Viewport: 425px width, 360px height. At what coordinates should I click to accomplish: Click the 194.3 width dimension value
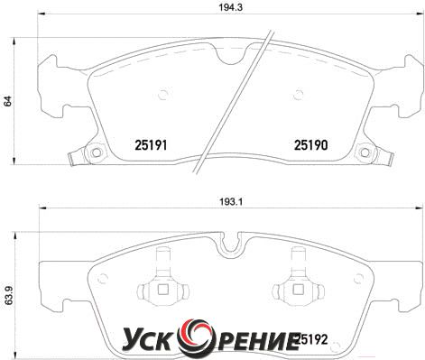pyautogui.click(x=230, y=7)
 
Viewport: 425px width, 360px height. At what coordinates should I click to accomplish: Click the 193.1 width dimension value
pyautogui.click(x=230, y=202)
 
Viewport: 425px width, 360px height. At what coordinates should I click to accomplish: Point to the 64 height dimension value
pyautogui.click(x=7, y=101)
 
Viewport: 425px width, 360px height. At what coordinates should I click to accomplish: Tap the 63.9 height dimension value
pyautogui.click(x=8, y=296)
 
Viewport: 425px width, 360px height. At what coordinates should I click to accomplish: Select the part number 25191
pyautogui.click(x=151, y=145)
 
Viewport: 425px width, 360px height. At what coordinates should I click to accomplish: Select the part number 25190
pyautogui.click(x=310, y=145)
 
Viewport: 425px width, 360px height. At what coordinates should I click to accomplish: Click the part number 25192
pyautogui.click(x=313, y=340)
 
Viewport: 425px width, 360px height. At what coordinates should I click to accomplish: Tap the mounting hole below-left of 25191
pyautogui.click(x=97, y=152)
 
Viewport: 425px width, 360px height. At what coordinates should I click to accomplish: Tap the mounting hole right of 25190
pyautogui.click(x=365, y=152)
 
